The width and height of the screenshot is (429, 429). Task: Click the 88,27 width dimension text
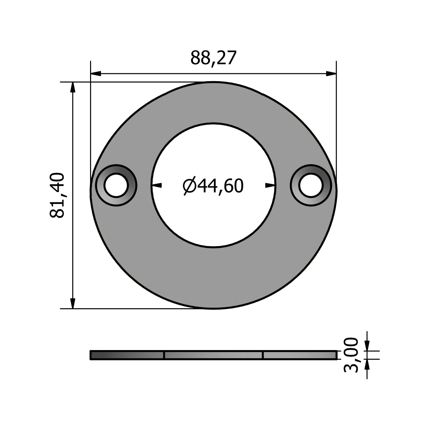(x=214, y=58)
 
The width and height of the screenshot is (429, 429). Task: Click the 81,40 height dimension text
(x=57, y=195)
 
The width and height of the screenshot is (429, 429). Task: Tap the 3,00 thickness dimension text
(x=351, y=355)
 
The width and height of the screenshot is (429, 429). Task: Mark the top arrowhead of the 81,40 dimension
(x=73, y=87)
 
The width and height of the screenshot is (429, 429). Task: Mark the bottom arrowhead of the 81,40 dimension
(x=73, y=303)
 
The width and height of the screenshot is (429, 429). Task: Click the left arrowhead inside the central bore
(x=157, y=185)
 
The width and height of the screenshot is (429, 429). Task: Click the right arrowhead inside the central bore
(x=270, y=185)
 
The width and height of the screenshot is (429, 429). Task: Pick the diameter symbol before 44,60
(x=190, y=186)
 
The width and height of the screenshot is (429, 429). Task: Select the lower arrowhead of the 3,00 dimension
(x=367, y=364)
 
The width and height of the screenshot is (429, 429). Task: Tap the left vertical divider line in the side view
(x=164, y=355)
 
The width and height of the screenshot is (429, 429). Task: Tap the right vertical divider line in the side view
(x=263, y=355)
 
